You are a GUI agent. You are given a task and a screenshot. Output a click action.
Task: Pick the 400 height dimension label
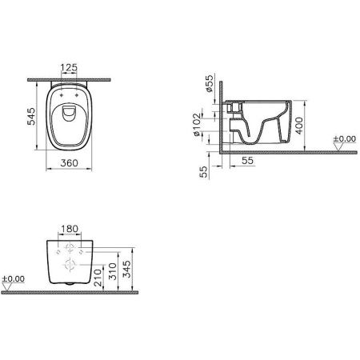[298, 120]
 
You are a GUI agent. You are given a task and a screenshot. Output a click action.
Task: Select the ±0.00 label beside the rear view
[14, 279]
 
